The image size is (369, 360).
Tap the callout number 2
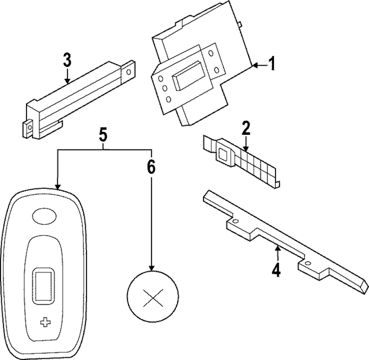[246, 127]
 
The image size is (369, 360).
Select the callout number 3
[67, 59]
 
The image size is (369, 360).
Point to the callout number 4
[277, 270]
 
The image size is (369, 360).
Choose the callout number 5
[103, 135]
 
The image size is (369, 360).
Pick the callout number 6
[151, 167]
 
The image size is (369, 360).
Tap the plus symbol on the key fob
[45, 323]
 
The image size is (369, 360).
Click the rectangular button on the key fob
[44, 285]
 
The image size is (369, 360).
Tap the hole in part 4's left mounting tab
[235, 221]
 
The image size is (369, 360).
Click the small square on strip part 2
[223, 153]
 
